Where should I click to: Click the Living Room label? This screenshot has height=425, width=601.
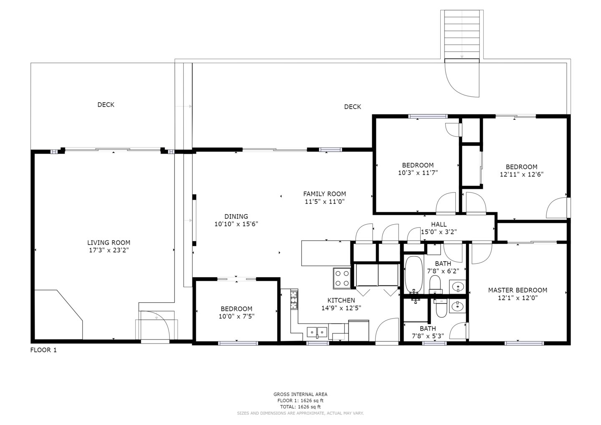point(109,243)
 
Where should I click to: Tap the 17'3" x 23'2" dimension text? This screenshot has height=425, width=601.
point(109,250)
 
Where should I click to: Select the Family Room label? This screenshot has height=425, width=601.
point(324,194)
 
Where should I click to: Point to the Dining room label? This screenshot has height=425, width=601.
point(236,216)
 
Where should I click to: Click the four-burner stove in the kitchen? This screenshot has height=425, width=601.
point(342,278)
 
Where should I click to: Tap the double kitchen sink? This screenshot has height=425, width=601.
point(317,332)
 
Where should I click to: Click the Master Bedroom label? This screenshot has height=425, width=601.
point(518,290)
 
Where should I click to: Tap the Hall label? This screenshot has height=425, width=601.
point(439,225)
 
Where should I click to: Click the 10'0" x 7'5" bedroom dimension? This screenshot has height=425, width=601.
point(237,316)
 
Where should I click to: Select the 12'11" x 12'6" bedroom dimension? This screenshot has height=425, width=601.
point(522,175)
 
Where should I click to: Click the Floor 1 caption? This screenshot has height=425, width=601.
point(43,350)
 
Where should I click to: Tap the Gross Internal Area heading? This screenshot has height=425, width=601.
point(300,394)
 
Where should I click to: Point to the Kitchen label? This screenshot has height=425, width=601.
point(341,300)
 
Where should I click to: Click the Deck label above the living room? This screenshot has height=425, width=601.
point(106,105)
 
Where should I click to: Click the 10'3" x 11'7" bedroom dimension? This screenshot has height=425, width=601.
point(417,172)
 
